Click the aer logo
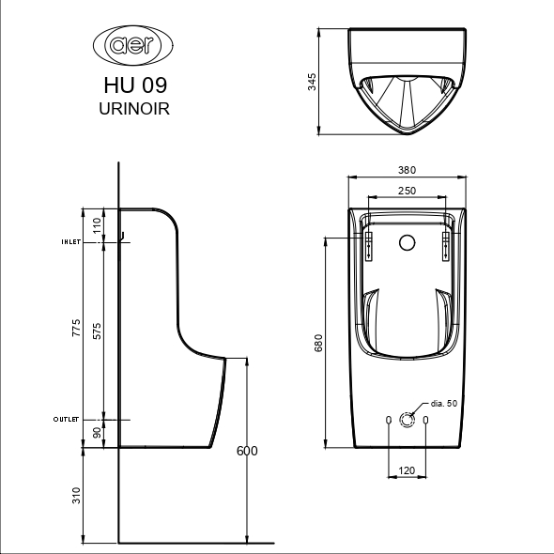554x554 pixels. coord(133,45)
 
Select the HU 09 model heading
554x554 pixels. coord(135,85)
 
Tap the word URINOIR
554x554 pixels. coord(134,109)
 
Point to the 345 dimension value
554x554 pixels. coord(312,82)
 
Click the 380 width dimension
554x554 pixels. coord(407,170)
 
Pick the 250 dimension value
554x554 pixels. coord(407,191)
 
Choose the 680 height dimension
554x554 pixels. coord(318,343)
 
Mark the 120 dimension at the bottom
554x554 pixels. coord(407,470)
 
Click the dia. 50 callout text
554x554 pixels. coord(444,403)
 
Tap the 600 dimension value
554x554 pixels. coord(247,451)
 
